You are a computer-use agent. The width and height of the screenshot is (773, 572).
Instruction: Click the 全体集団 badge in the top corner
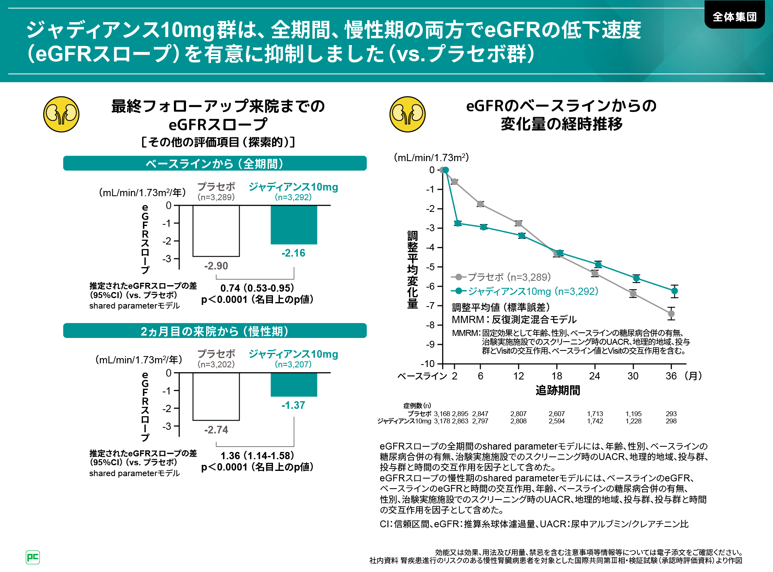[734, 17]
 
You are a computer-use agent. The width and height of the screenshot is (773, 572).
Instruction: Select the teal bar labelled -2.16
[294, 225]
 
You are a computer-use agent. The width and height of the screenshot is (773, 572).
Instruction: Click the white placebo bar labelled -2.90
[216, 231]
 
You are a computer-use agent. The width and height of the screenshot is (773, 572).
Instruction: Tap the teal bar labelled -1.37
[294, 385]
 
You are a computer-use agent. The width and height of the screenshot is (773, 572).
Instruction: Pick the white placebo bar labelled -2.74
[216, 396]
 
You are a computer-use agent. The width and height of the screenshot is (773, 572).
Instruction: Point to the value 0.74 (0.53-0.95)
[257, 288]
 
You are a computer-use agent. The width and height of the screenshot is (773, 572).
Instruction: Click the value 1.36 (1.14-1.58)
[257, 456]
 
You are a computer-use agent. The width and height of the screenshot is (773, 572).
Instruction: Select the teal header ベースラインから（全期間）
[215, 164]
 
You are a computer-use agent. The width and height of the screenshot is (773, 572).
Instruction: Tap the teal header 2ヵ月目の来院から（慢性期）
[215, 331]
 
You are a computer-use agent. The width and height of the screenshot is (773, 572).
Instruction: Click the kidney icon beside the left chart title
[61, 114]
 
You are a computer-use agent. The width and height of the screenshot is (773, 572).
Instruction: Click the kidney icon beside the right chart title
[407, 114]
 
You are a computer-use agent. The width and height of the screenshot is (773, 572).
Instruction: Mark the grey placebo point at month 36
[671, 314]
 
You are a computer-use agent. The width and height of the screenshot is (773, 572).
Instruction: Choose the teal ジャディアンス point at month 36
[675, 291]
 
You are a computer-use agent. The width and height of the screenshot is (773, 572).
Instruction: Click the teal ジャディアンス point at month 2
[458, 223]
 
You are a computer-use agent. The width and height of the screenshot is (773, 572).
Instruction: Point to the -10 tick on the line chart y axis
[428, 364]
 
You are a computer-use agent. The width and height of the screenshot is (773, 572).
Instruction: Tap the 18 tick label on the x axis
[557, 376]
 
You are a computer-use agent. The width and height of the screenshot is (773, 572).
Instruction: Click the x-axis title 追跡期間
[558, 390]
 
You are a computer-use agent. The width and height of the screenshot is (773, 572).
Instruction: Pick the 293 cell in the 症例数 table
[671, 414]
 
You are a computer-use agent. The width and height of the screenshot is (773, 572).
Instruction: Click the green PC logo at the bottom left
[33, 557]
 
